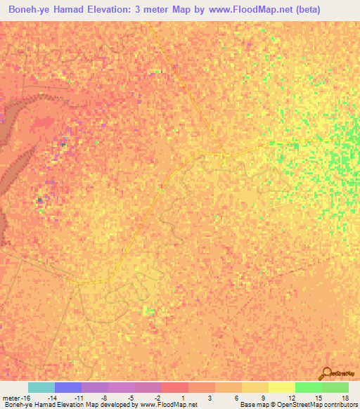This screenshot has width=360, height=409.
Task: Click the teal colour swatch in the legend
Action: click(41, 387)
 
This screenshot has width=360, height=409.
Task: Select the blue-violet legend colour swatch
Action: click(67, 387)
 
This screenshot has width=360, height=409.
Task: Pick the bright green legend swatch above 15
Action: click(308, 387)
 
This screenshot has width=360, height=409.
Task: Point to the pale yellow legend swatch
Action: click(281, 387)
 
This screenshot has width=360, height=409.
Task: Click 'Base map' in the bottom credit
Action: click(253, 405)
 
